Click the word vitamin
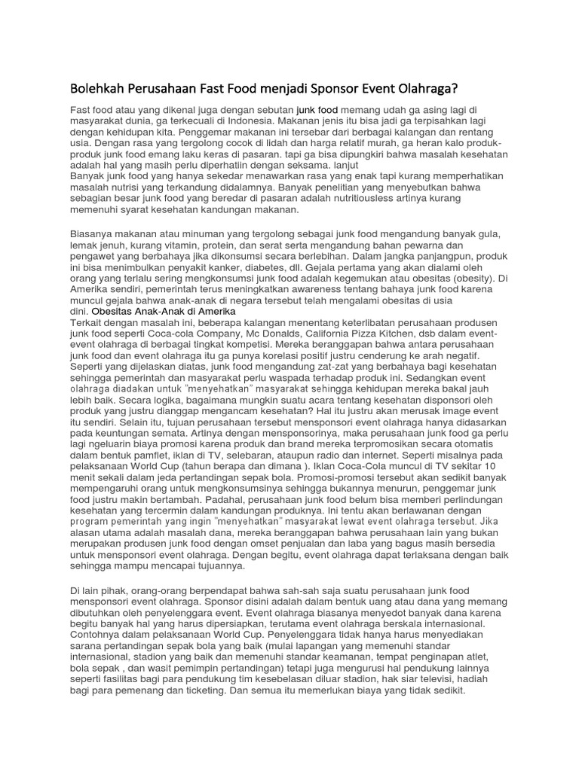pos(164,246)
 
